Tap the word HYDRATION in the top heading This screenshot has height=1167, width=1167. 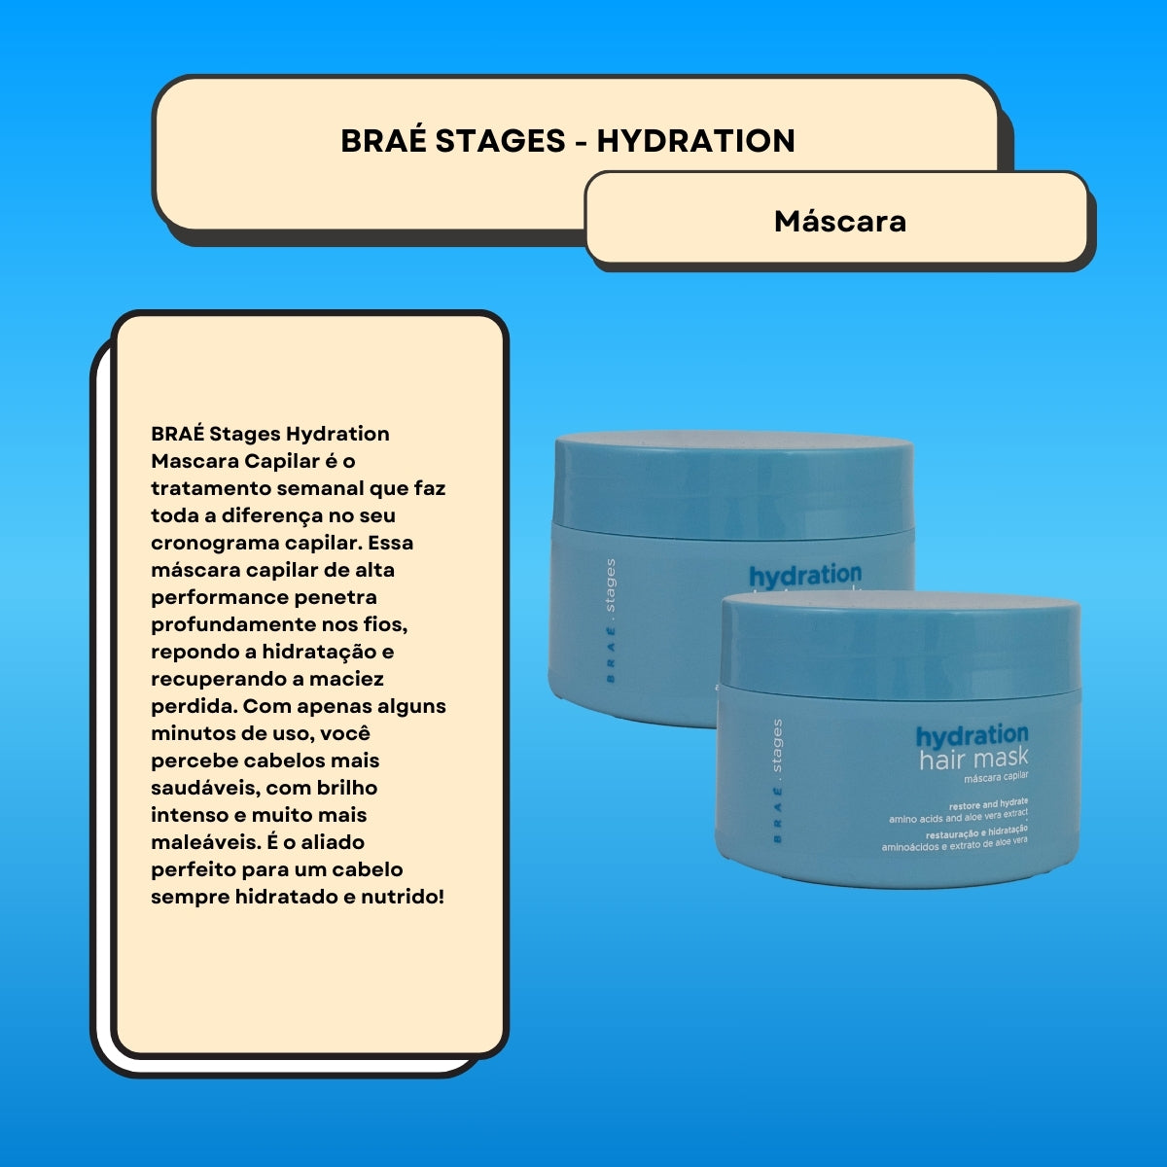click(695, 141)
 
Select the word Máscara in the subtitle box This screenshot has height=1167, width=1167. click(840, 222)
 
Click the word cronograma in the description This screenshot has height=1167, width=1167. click(211, 543)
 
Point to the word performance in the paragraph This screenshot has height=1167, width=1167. click(221, 597)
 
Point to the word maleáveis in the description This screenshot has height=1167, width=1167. click(203, 842)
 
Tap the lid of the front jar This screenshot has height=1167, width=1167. click(900, 642)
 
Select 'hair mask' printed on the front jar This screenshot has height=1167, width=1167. click(973, 759)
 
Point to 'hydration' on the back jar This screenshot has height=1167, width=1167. click(805, 575)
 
